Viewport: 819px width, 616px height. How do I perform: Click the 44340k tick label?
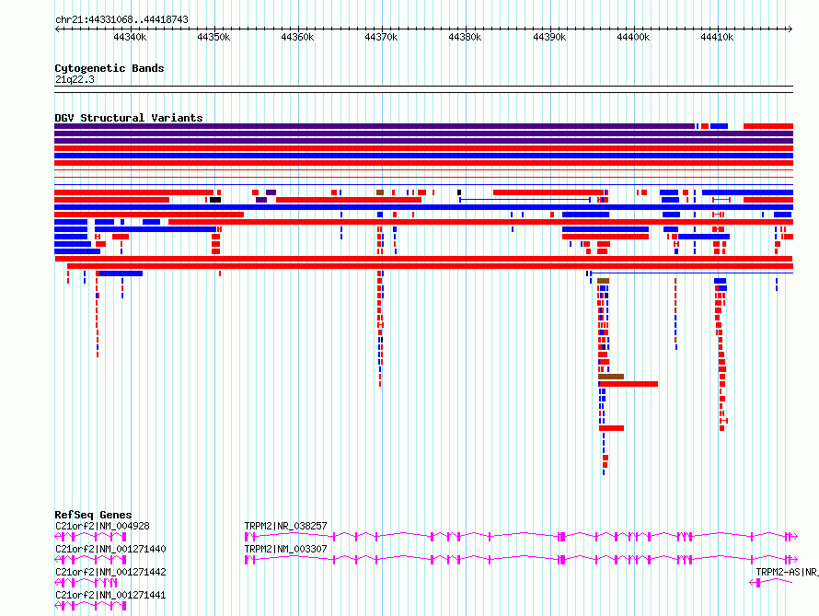tap(130, 37)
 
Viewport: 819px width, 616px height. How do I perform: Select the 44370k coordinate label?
tap(381, 37)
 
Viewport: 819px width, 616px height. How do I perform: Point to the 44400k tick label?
tap(634, 37)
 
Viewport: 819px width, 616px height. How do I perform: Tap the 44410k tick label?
tap(717, 37)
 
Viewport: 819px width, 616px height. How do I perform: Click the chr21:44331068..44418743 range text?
tap(121, 20)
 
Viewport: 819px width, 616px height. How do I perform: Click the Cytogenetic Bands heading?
tap(110, 68)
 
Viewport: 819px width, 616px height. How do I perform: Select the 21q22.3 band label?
tap(75, 79)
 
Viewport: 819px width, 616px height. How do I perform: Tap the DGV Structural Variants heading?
tap(129, 118)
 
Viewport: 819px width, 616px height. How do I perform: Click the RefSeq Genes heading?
tap(93, 515)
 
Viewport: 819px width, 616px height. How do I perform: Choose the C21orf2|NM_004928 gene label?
tap(102, 526)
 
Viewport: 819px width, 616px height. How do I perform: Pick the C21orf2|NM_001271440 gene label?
tap(110, 549)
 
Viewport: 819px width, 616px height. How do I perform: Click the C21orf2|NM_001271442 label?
tap(110, 572)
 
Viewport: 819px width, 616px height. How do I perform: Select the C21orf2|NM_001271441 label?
tap(110, 595)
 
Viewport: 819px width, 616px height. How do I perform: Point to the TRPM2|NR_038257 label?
tap(285, 526)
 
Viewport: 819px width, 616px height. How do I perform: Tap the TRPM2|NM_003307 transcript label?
tap(285, 549)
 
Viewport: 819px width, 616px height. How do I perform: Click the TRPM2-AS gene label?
tap(787, 572)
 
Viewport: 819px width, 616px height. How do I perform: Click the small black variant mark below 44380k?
tap(459, 192)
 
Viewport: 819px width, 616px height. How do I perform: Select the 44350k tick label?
tap(213, 37)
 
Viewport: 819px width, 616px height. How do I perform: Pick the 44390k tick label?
tap(549, 37)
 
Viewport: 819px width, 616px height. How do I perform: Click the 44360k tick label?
tap(297, 37)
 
